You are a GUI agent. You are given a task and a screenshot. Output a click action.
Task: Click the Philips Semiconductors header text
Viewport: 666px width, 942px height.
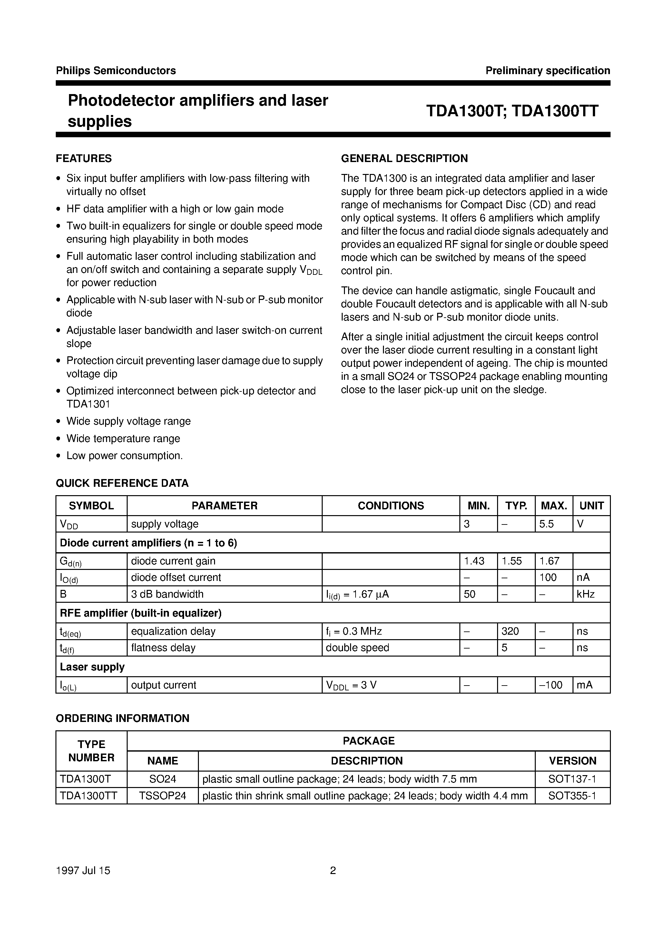click(x=116, y=71)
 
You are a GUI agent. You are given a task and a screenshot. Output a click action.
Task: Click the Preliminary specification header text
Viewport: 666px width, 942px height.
click(x=547, y=71)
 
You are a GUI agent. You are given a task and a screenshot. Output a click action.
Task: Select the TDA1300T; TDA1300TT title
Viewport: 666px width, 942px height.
click(x=512, y=111)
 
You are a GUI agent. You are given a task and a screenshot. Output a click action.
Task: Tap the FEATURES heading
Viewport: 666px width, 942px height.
click(x=84, y=159)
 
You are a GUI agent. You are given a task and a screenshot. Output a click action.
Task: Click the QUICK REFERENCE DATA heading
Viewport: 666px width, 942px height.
click(x=122, y=483)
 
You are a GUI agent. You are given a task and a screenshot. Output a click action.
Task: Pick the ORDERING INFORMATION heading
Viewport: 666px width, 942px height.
click(x=122, y=718)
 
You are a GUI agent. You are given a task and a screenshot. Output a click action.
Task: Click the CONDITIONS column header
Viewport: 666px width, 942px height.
click(x=390, y=505)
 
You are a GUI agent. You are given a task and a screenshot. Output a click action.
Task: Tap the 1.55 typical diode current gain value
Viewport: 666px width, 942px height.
click(x=511, y=561)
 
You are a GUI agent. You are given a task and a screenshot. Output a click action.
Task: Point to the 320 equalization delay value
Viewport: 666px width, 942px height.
click(x=510, y=631)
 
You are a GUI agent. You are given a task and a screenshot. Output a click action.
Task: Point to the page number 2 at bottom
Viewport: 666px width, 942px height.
click(x=333, y=870)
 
